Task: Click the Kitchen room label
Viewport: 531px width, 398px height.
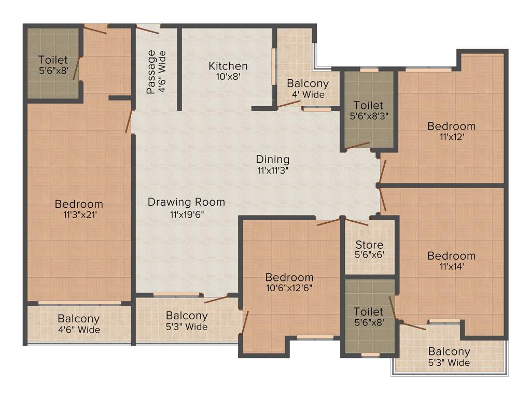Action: click(228, 66)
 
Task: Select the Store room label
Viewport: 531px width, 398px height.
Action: click(370, 245)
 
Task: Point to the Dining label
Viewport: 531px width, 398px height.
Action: click(272, 160)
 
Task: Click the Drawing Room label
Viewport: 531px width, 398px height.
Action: click(186, 202)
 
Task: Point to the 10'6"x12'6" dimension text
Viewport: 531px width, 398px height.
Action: click(289, 288)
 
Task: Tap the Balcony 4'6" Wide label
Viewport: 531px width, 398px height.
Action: click(79, 324)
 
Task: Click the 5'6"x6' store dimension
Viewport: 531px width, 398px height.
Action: click(370, 255)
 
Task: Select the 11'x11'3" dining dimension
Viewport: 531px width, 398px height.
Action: click(272, 170)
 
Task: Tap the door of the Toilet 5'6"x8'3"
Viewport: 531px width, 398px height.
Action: click(358, 146)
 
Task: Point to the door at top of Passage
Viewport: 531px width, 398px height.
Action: click(148, 30)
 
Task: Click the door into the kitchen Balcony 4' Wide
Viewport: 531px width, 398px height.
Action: click(289, 104)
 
